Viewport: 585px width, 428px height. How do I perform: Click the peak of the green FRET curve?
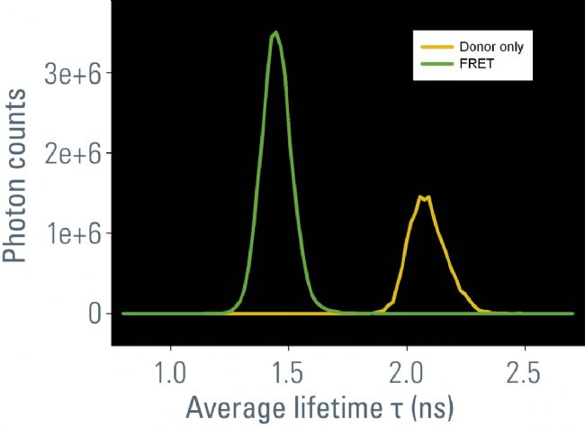275,33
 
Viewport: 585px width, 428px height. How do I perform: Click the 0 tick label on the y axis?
93,314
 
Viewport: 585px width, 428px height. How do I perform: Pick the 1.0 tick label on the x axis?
170,371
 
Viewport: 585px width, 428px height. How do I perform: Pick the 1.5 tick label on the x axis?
288,371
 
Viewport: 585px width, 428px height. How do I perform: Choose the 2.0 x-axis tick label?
407,371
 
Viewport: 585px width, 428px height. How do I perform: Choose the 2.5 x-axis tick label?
525,371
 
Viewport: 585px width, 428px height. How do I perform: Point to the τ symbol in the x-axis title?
386,408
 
